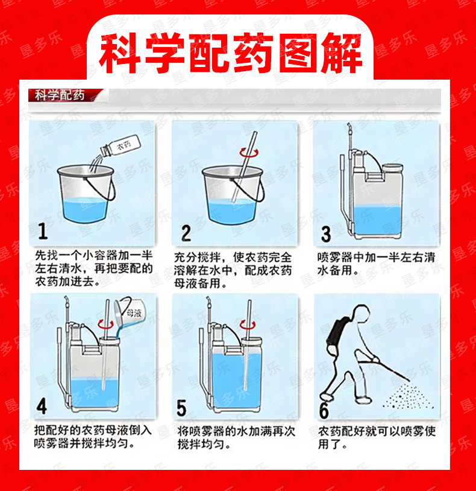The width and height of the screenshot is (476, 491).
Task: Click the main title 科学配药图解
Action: click(x=231, y=52)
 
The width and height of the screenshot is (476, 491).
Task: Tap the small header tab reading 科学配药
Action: click(x=60, y=95)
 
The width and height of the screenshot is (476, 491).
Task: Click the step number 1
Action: click(x=43, y=232)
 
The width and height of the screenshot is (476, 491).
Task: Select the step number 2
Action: click(x=186, y=233)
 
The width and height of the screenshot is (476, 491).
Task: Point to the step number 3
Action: click(x=326, y=234)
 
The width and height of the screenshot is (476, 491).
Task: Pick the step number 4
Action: click(x=42, y=406)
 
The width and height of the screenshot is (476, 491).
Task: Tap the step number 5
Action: click(x=182, y=407)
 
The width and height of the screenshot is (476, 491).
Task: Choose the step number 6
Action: click(x=324, y=410)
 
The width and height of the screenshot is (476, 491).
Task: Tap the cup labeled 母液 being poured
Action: click(x=130, y=312)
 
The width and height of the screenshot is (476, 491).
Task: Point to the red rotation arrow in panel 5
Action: click(x=248, y=325)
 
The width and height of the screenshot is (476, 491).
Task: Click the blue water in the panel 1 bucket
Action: click(x=86, y=209)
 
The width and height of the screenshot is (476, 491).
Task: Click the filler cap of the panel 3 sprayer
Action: click(x=393, y=168)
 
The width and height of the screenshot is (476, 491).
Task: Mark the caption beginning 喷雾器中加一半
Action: click(x=376, y=264)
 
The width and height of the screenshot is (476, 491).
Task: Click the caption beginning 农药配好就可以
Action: click(x=377, y=438)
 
